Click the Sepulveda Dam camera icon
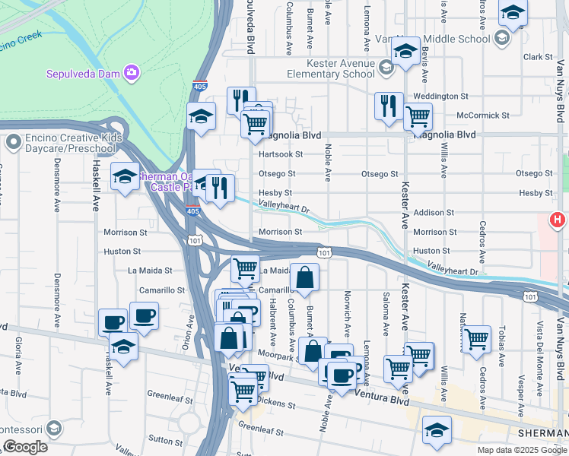[132, 72]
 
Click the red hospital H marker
[558, 221]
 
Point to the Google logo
[24, 448]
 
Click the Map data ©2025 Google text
[522, 450]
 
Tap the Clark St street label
[537, 57]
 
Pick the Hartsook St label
[280, 154]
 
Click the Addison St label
[434, 213]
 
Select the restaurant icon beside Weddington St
[389, 106]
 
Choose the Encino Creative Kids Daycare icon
[14, 142]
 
